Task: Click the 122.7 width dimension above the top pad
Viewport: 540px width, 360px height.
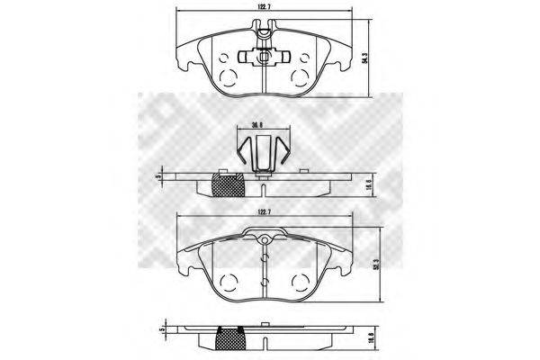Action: [x=265, y=9]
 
